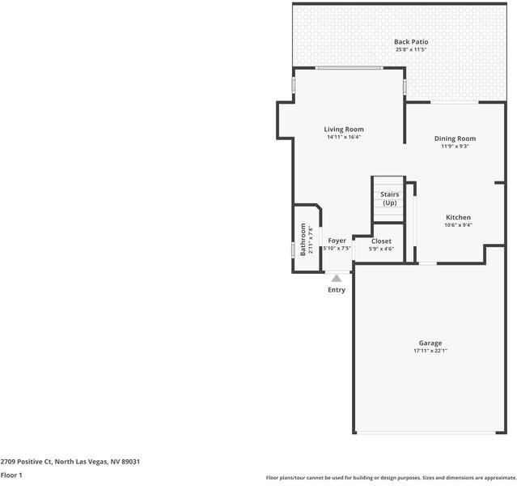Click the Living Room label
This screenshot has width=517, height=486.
(344, 130)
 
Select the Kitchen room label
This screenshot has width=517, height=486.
(458, 217)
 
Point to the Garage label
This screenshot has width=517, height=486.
(430, 343)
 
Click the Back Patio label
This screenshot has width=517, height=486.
(411, 41)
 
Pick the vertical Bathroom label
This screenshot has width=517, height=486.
(304, 239)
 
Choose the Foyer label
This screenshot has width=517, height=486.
(337, 241)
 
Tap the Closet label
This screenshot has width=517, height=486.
(381, 241)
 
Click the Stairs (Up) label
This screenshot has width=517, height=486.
(389, 198)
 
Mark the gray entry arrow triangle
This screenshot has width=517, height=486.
(337, 278)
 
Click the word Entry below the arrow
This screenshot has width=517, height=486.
(337, 290)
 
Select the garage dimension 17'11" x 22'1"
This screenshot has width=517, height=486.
(430, 351)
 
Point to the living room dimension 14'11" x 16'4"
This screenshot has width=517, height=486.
(344, 137)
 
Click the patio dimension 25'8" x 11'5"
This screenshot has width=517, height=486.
(411, 49)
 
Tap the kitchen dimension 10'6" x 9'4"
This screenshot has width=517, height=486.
(458, 225)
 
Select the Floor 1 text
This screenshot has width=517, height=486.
(11, 475)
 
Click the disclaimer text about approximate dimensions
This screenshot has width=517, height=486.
(391, 478)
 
